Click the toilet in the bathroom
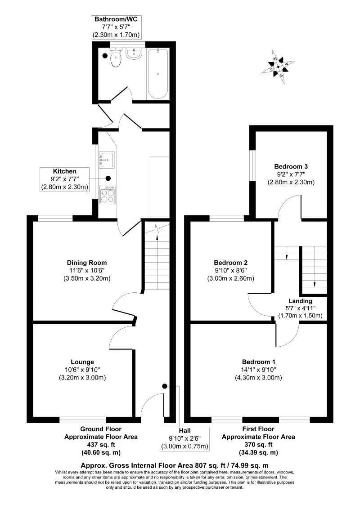116,58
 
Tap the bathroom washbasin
134,54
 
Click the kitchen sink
107,160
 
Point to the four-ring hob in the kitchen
107,194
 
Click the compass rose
278,67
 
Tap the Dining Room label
87,263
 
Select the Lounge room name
82,362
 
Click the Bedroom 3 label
291,166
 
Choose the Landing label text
300,301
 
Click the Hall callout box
185,438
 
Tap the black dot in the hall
165,386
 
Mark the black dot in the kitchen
108,178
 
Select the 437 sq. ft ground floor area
101,445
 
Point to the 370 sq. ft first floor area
258,445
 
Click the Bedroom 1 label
259,362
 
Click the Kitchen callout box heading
65,171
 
